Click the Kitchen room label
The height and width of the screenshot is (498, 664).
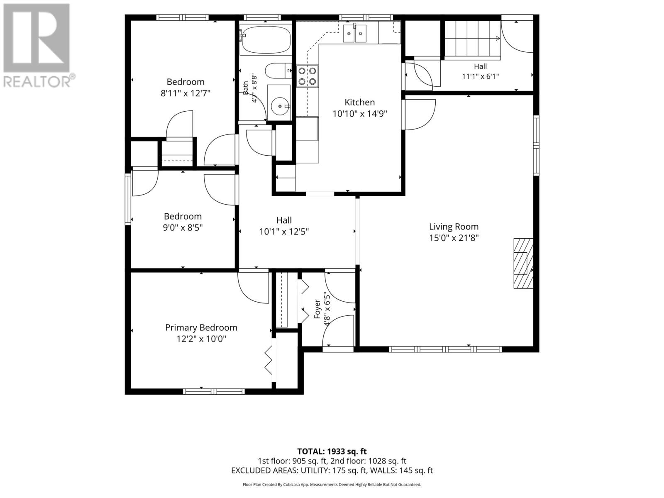pyautogui.click(x=360, y=102)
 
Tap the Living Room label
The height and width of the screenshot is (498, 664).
pyautogui.click(x=454, y=227)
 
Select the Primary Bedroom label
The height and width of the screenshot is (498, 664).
pyautogui.click(x=201, y=328)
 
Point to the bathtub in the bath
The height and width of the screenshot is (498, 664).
pyautogui.click(x=265, y=40)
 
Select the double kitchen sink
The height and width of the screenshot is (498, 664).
pyautogui.click(x=354, y=34)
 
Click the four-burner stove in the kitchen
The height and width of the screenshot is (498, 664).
pyautogui.click(x=308, y=76)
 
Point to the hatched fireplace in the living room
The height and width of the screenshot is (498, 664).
pyautogui.click(x=523, y=264)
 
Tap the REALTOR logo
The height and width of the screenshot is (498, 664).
pyautogui.click(x=37, y=45)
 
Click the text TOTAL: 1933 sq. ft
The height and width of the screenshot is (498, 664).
pyautogui.click(x=332, y=452)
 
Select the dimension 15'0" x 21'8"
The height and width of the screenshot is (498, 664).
pyautogui.click(x=454, y=238)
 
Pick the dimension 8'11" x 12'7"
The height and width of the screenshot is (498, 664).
pyautogui.click(x=186, y=93)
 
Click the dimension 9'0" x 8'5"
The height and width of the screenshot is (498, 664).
pyautogui.click(x=183, y=227)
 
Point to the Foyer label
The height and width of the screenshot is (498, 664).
pyautogui.click(x=317, y=309)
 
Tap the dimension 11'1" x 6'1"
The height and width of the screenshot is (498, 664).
pyautogui.click(x=481, y=76)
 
